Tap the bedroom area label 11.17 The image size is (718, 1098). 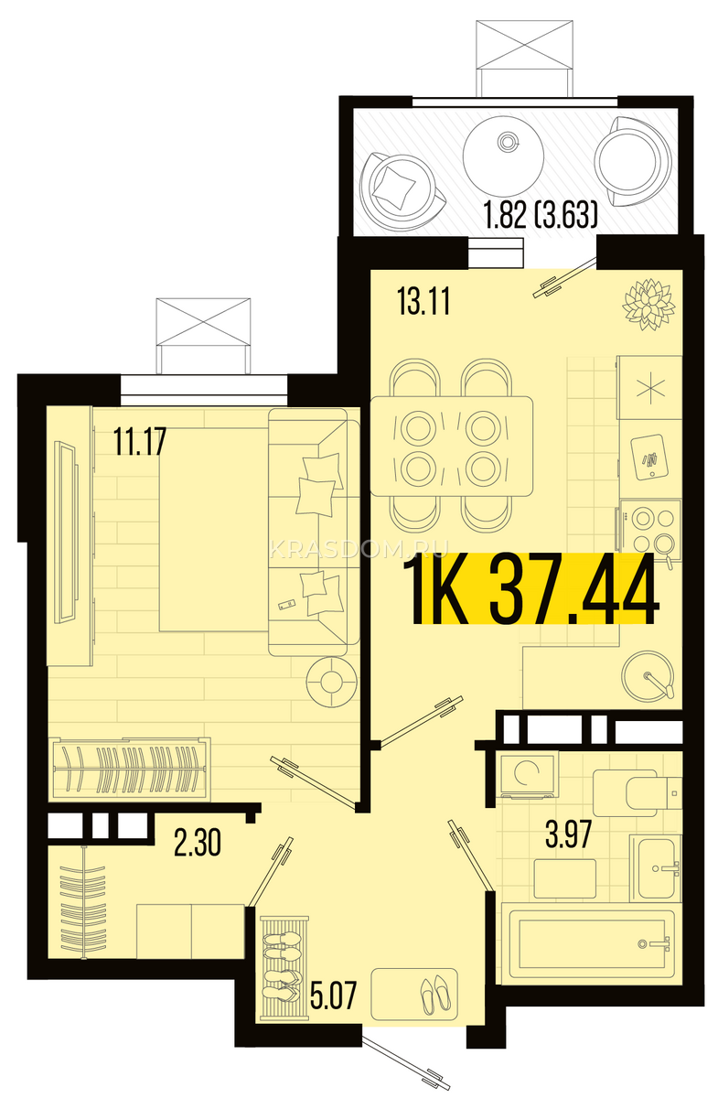click(x=140, y=441)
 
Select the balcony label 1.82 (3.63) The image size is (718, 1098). click(x=541, y=216)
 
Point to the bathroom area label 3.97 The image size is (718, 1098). click(x=569, y=835)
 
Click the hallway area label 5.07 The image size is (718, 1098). click(x=333, y=995)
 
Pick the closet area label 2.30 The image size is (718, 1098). click(x=197, y=843)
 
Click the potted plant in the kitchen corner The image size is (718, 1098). click(x=648, y=305)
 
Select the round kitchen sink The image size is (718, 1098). click(x=647, y=675)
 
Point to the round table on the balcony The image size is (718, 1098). click(x=503, y=156)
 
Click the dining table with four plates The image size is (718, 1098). click(x=452, y=447)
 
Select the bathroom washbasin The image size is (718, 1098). click(x=655, y=868)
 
